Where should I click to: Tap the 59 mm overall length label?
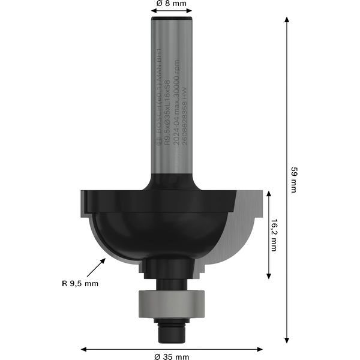293,179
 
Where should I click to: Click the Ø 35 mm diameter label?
171,356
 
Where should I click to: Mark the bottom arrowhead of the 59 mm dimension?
287,338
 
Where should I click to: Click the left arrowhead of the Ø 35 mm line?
84,348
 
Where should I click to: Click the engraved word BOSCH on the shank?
159,129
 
